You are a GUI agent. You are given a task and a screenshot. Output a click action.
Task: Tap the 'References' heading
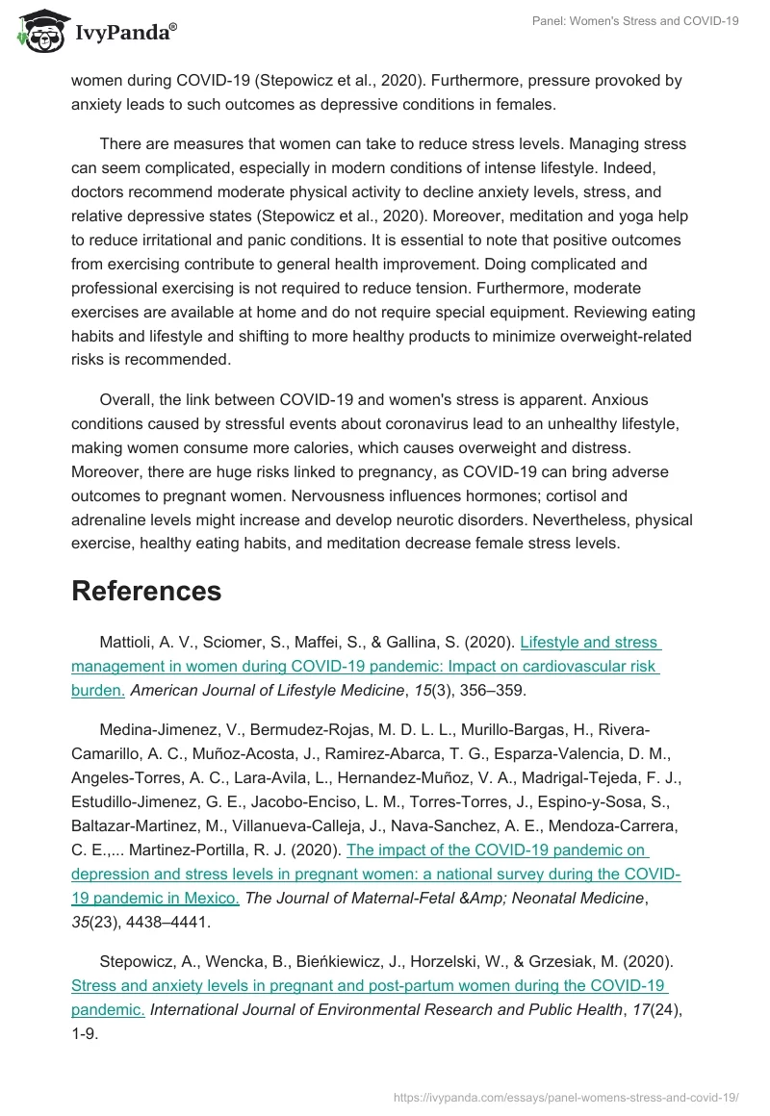[x=146, y=590]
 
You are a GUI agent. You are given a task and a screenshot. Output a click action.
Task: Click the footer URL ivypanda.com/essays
[x=565, y=1097]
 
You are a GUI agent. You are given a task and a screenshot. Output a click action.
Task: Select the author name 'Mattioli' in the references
[x=127, y=642]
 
